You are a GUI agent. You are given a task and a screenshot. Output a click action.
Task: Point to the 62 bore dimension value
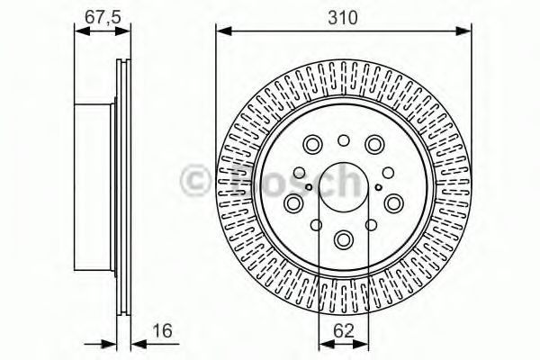344,332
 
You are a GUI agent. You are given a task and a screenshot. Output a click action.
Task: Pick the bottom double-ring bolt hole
344,239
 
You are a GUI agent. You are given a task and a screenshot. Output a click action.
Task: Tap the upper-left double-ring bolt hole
313,144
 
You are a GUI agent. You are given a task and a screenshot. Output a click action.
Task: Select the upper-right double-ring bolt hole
374,144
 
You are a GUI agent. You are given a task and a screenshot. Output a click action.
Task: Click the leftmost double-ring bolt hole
294,203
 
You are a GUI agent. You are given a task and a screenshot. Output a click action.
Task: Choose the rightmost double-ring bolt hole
393,203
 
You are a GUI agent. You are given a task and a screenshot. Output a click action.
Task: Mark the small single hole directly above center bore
344,140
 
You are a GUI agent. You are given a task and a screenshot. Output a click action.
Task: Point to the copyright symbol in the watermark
195,180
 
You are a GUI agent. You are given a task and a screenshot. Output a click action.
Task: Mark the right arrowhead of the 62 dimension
364,343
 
